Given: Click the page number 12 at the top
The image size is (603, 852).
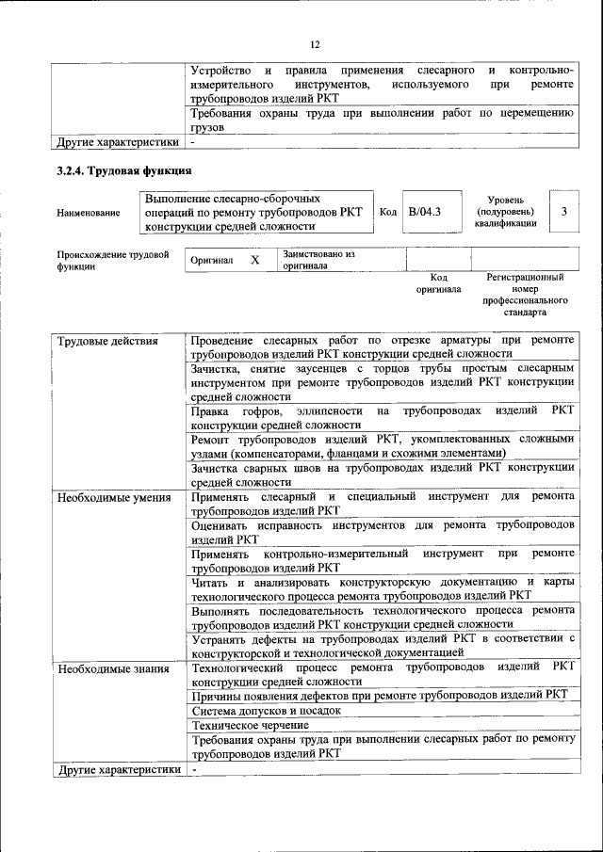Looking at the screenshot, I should (315, 43).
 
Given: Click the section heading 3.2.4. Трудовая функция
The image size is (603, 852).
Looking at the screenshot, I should (123, 170).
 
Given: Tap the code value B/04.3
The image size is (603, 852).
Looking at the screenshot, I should (424, 212).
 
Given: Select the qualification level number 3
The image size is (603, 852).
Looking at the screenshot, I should (563, 212).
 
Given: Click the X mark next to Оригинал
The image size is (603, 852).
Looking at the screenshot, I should (254, 260).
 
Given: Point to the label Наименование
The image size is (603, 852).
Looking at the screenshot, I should (89, 214).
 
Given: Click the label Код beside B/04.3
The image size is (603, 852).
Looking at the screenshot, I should (387, 212).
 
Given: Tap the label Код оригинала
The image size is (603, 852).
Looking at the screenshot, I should (438, 283).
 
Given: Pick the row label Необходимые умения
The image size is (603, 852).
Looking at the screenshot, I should (114, 497).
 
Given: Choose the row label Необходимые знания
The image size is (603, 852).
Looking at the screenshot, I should (113, 669).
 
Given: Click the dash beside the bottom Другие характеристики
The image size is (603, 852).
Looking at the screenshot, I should (194, 769).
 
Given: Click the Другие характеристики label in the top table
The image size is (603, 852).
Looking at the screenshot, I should (117, 143).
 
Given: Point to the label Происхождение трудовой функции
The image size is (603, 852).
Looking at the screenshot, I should (112, 261).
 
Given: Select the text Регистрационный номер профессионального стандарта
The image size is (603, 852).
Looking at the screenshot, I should (525, 295).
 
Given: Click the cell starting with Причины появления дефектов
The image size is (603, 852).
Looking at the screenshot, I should (379, 695).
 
